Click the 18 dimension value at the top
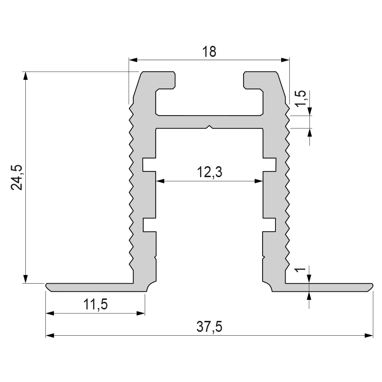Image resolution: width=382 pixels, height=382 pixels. pyautogui.click(x=209, y=52)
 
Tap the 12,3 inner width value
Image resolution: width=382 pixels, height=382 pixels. pyautogui.click(x=210, y=172)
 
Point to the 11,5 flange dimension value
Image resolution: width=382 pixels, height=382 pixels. pyautogui.click(x=95, y=304)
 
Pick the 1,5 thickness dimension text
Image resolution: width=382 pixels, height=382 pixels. pyautogui.click(x=300, y=98)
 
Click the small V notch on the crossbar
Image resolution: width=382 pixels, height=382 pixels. pyautogui.click(x=209, y=127)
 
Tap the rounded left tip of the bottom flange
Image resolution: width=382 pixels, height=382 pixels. pyautogui.click(x=48, y=286)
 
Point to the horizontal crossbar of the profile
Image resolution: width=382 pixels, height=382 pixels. pyautogui.click(x=209, y=122)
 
